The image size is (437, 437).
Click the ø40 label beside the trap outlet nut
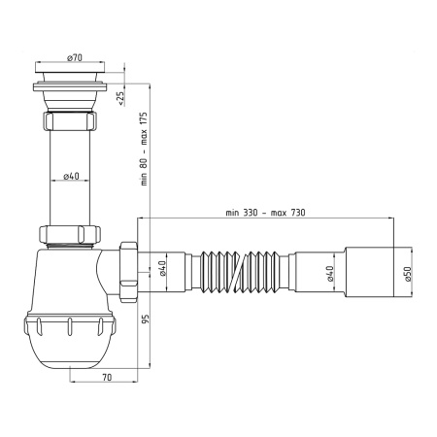point(164,268)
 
